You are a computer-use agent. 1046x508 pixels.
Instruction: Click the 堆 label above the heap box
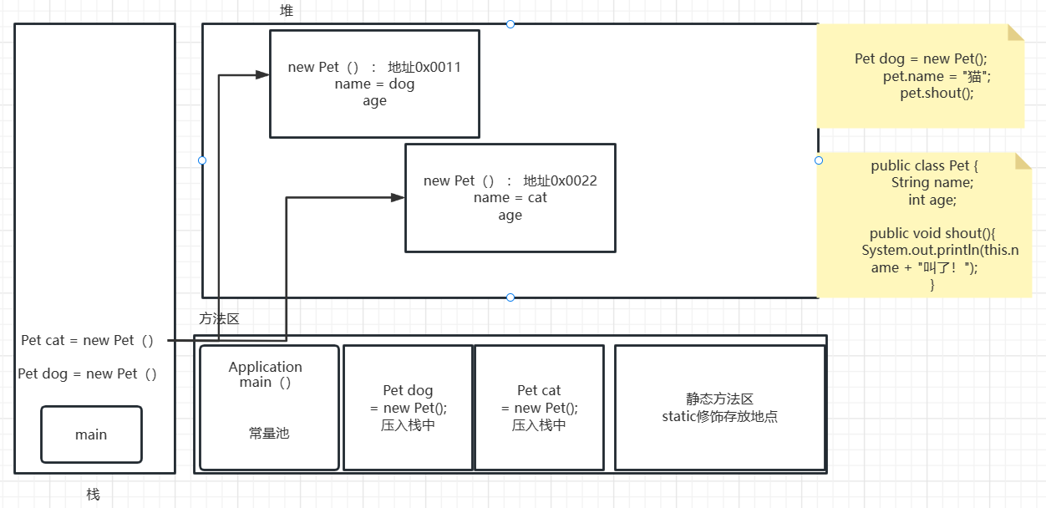(x=287, y=11)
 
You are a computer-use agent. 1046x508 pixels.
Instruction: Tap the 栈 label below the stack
(x=93, y=495)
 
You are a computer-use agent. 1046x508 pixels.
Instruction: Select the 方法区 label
(x=220, y=318)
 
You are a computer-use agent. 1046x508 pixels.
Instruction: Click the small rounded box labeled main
(x=91, y=434)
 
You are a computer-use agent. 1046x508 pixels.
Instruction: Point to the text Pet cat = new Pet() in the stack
(x=88, y=341)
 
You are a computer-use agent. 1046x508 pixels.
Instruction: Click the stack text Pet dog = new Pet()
(x=88, y=374)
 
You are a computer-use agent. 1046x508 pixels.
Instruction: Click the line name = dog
(x=374, y=84)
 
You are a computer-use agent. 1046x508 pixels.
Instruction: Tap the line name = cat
(x=510, y=198)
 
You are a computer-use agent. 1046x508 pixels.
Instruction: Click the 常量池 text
(x=269, y=434)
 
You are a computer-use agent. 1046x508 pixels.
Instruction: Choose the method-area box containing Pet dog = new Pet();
(x=409, y=408)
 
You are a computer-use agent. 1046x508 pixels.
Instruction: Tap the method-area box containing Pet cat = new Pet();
(x=539, y=408)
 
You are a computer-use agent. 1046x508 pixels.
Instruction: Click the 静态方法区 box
(x=719, y=408)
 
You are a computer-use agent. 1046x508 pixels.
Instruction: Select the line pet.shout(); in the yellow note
(x=937, y=93)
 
